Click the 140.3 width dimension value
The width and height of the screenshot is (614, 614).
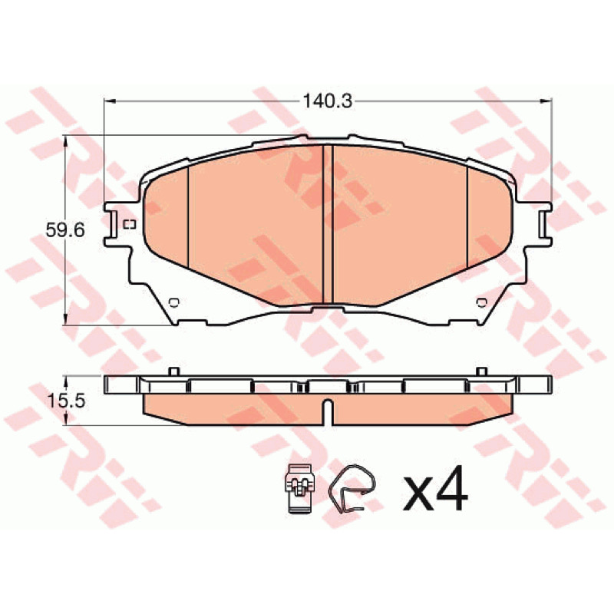click(x=328, y=102)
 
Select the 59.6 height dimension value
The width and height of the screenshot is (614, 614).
click(x=65, y=230)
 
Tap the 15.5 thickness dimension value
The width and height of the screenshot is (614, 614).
click(x=65, y=401)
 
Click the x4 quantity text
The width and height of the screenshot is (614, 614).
click(x=435, y=488)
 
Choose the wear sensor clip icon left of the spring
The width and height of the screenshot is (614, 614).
click(x=299, y=488)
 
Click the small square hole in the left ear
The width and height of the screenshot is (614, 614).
click(x=129, y=224)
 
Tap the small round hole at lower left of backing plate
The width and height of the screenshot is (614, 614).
click(x=174, y=302)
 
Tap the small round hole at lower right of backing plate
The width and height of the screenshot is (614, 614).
click(x=481, y=302)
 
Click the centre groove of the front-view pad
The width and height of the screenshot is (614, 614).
click(x=328, y=224)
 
